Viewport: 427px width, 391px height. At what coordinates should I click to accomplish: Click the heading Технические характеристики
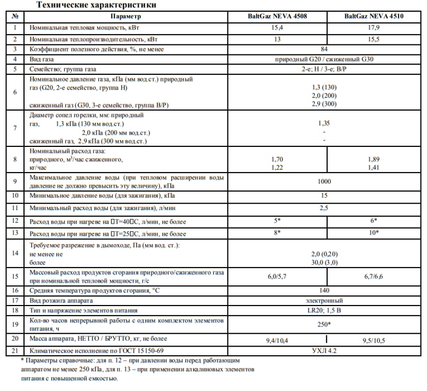[96, 5]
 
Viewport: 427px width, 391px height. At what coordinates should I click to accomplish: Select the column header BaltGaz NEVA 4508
[276, 17]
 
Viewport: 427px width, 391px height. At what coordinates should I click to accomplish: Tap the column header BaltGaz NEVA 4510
[374, 17]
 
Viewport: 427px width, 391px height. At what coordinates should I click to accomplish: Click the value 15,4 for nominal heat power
[276, 26]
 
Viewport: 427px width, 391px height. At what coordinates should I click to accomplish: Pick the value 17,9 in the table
[374, 26]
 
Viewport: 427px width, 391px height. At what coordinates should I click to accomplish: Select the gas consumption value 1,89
[374, 160]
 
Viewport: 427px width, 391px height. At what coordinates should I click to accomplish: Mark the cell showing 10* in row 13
[374, 233]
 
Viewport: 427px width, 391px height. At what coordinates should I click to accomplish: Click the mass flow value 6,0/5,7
[276, 277]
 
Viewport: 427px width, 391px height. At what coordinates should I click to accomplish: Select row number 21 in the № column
[16, 351]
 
